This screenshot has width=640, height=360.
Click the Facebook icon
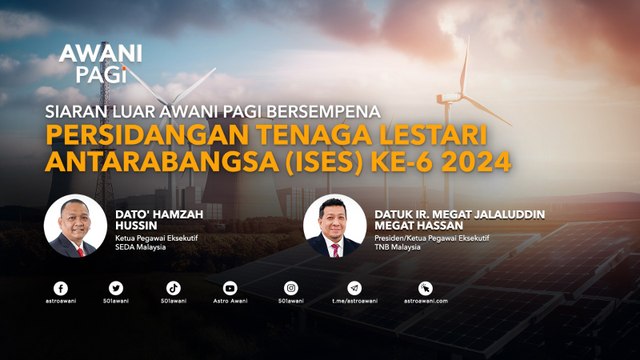point(61,287)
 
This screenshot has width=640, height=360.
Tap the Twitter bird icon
point(116,287)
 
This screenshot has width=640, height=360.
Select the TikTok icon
point(172,287)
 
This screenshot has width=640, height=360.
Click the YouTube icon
point(230,287)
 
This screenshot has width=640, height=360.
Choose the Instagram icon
point(291,287)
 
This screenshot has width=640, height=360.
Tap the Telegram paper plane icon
point(354,287)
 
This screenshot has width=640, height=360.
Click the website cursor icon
point(425,287)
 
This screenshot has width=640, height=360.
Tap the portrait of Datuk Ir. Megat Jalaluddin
point(334,225)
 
